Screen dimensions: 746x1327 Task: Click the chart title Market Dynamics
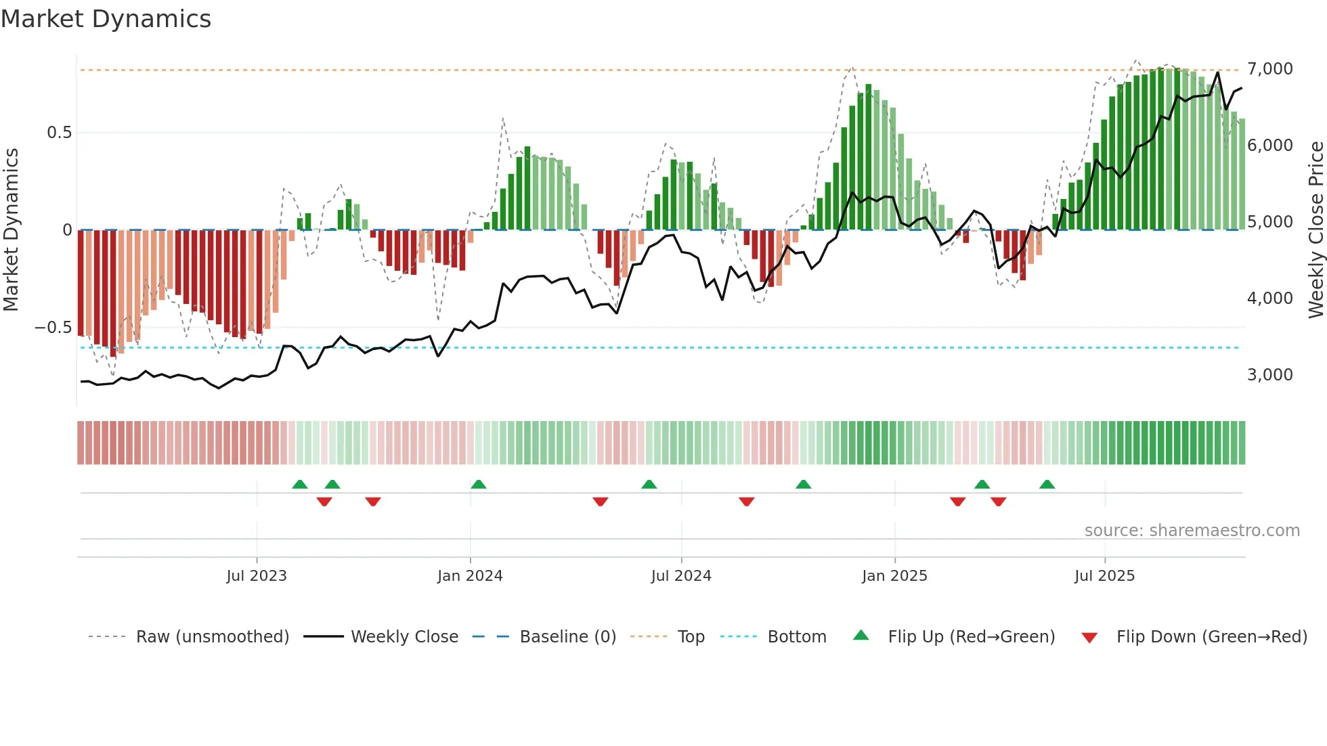[x=106, y=19]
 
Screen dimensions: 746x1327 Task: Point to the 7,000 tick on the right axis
[x=1269, y=69]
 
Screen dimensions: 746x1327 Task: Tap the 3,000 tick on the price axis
[x=1269, y=375]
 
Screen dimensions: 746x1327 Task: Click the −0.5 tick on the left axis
[x=53, y=328]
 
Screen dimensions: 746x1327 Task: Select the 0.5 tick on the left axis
[x=59, y=133]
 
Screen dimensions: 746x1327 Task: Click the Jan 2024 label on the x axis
[x=470, y=576]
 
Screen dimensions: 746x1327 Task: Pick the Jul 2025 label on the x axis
[x=1104, y=576]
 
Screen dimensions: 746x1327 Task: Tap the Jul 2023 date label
[x=257, y=576]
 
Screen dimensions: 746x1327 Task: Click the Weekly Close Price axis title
[x=1315, y=230]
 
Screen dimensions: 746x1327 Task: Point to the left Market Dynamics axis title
[x=11, y=230]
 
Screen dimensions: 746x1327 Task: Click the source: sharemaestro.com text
[x=1192, y=531]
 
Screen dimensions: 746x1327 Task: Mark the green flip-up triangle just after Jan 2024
[x=479, y=484]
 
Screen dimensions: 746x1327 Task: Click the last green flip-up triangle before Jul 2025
[x=1047, y=484]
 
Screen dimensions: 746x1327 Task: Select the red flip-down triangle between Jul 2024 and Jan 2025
[x=747, y=502]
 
